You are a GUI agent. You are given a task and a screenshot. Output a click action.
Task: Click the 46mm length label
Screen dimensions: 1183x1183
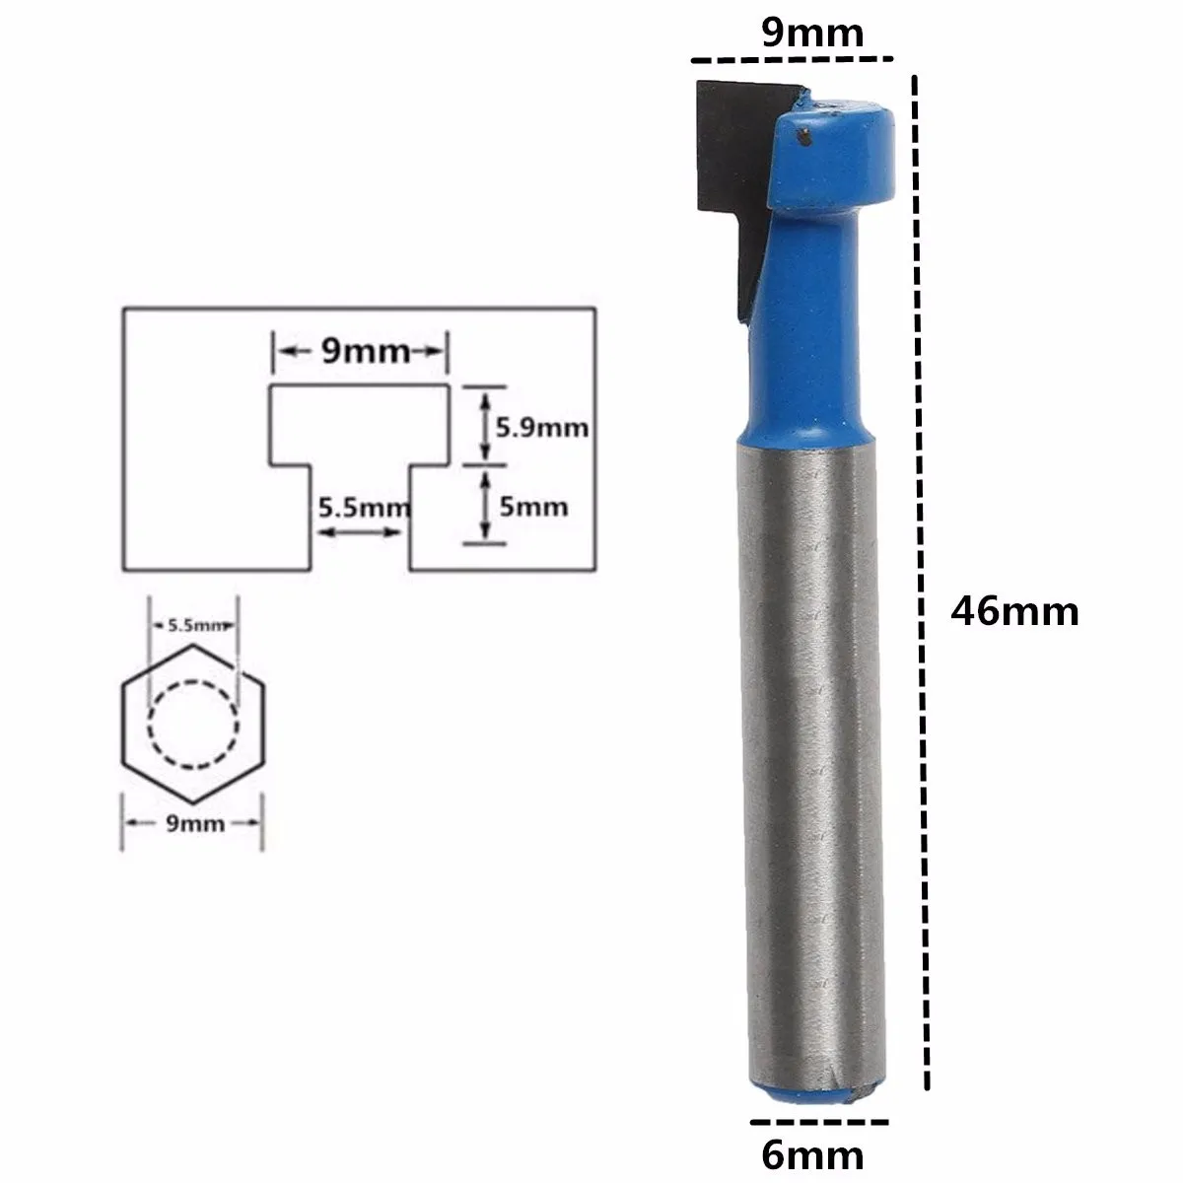tap(1013, 612)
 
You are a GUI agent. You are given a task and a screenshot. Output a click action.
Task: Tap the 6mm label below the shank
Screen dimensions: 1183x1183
tap(813, 1153)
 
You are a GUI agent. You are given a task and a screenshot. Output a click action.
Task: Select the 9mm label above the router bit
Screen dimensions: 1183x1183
tap(812, 34)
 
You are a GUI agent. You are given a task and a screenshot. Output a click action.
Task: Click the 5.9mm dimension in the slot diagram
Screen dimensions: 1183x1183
tap(541, 427)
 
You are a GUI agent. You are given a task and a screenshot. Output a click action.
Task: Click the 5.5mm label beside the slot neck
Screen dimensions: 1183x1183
tap(362, 509)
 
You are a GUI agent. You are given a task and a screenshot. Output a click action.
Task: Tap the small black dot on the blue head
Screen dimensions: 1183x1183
tap(805, 135)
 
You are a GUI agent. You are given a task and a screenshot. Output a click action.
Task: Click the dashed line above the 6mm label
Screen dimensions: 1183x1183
tap(818, 1122)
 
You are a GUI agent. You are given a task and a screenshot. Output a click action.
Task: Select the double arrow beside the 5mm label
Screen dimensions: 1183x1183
tap(484, 505)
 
